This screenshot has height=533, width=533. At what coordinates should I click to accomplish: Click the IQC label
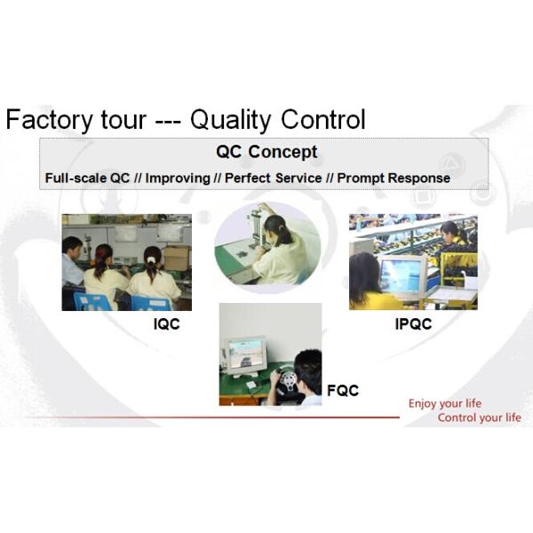pyautogui.click(x=166, y=325)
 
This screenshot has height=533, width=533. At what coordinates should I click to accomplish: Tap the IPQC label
pyautogui.click(x=413, y=325)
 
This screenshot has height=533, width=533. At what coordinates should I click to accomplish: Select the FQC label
pyautogui.click(x=342, y=390)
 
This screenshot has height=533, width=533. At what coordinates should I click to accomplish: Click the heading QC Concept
pyautogui.click(x=266, y=152)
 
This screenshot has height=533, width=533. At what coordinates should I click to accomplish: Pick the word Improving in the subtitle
pyautogui.click(x=179, y=178)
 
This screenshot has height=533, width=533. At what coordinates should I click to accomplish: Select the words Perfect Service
pyautogui.click(x=273, y=178)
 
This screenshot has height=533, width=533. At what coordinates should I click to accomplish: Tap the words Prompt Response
pyautogui.click(x=394, y=178)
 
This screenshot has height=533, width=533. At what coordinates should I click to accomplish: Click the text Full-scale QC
pyautogui.click(x=88, y=178)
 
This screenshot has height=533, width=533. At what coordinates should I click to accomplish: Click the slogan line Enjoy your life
pyautogui.click(x=445, y=403)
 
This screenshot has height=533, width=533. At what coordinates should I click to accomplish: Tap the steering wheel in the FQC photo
pyautogui.click(x=290, y=384)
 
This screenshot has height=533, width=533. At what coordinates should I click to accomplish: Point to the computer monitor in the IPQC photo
pyautogui.click(x=403, y=276)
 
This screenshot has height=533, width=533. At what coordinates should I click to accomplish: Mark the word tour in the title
pyautogui.click(x=124, y=120)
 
